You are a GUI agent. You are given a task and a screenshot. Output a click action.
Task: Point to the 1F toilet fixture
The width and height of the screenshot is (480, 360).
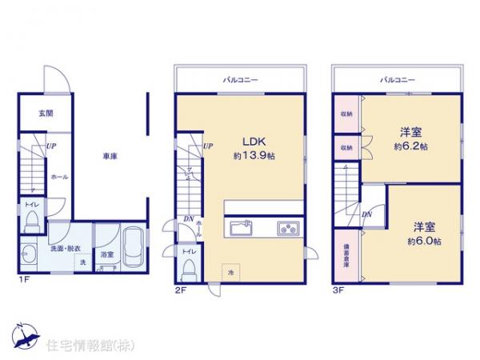click(33, 226)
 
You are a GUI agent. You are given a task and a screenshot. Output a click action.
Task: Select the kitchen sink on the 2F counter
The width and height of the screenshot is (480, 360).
click(242, 228)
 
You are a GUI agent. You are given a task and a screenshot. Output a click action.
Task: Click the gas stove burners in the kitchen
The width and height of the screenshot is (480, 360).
click(287, 228)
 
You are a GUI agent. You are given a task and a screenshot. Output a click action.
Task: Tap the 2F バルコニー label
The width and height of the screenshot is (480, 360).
click(239, 80)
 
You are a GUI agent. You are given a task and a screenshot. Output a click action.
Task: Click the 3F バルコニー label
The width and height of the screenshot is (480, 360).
click(398, 80)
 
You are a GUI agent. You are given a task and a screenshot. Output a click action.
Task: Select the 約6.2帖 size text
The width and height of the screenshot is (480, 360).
click(410, 147)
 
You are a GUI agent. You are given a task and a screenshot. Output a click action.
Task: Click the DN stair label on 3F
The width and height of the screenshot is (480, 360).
click(366, 214)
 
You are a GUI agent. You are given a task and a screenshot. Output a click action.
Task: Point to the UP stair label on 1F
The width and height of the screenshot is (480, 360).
click(50, 146)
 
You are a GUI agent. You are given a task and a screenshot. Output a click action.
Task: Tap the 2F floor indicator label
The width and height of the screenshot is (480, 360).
click(181, 290)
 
